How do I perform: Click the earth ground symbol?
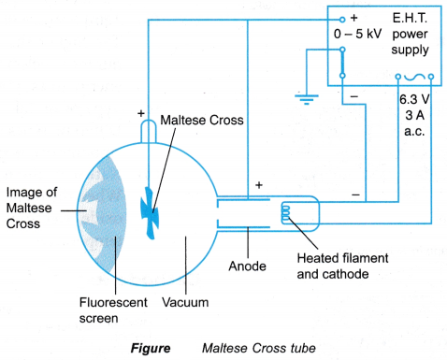307,99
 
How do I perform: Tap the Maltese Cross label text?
202,120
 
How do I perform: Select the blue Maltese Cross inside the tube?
150,212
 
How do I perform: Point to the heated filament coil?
285,212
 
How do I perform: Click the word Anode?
248,266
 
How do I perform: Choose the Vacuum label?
185,302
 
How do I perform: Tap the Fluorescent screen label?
113,310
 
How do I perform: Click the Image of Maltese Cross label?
32,208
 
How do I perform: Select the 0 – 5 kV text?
357,34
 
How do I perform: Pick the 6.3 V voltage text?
414,99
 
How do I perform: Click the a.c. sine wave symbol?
414,77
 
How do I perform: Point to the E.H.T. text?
410,18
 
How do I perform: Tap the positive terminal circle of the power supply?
342,20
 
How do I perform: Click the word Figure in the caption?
151,348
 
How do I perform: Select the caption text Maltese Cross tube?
259,348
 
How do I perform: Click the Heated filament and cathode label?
342,266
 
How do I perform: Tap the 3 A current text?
414,115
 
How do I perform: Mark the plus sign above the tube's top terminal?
141,113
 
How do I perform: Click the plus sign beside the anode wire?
259,185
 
